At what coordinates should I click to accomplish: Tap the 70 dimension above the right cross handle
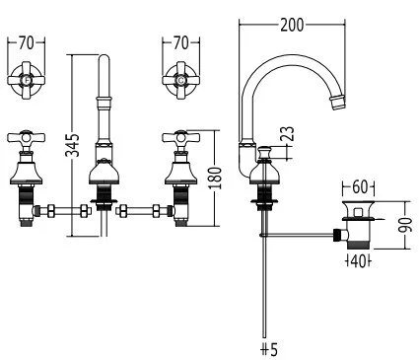tap(179, 43)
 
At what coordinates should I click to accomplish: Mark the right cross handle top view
tap(179, 80)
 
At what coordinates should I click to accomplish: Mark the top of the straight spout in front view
tap(102, 64)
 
